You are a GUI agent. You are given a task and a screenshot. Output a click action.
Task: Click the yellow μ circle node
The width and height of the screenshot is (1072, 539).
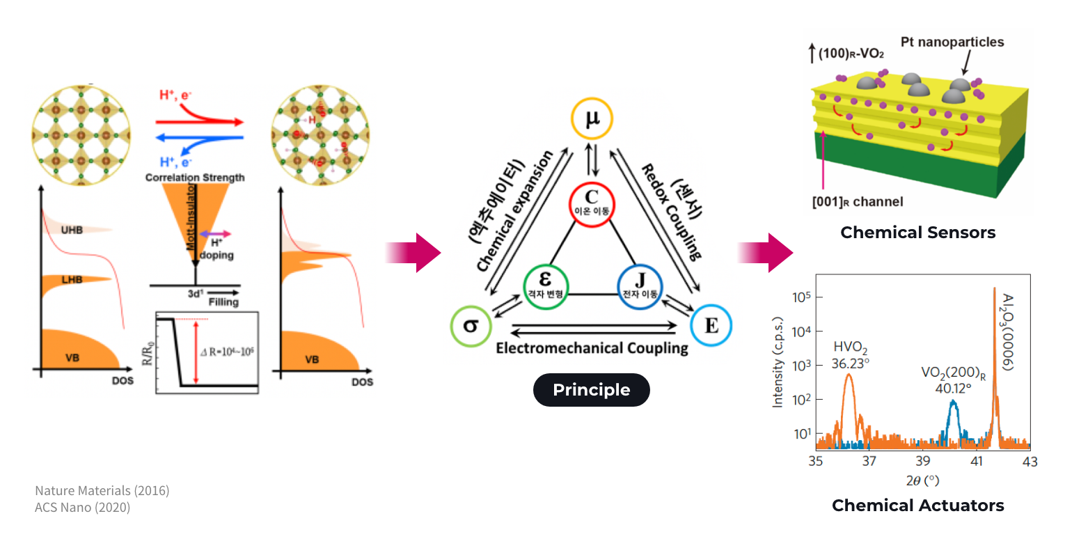[592, 120]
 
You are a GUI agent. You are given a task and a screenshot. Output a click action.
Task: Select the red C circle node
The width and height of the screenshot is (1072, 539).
[592, 204]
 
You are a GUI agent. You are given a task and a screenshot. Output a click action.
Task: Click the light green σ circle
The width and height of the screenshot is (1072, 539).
[471, 325]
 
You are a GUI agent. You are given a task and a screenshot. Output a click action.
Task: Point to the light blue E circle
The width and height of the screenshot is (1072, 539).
[711, 325]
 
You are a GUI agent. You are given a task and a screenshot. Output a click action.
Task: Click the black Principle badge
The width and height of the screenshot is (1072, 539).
[591, 390]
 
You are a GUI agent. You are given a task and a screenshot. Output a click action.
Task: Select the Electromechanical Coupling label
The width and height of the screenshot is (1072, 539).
[591, 347]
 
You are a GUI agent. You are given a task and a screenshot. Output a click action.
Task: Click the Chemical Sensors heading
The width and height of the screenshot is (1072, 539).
[917, 233]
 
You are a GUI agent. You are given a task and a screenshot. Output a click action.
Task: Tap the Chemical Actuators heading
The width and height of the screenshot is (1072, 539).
[917, 505]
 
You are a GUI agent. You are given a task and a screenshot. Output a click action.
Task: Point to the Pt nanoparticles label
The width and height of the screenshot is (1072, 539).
[952, 42]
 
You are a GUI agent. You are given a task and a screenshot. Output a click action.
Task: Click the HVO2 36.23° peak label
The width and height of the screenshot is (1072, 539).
[850, 355]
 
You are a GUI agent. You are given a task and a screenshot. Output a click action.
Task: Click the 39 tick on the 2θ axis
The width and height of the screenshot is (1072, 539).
[923, 462]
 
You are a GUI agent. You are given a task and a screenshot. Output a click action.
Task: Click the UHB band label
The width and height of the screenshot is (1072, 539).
[70, 231]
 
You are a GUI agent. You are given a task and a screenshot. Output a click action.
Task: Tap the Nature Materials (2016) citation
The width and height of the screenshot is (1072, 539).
[102, 491]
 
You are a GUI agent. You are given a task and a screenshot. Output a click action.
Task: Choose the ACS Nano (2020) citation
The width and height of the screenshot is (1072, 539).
[82, 508]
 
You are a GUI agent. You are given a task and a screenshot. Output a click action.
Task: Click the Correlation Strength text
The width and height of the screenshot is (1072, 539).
[195, 178]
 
